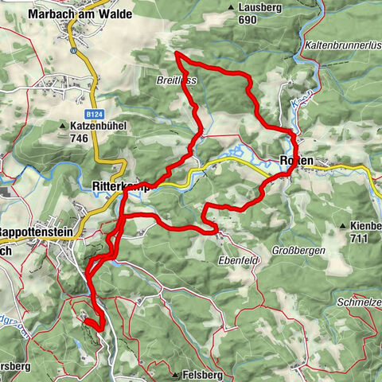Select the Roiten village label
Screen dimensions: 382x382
[x=297, y=162]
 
